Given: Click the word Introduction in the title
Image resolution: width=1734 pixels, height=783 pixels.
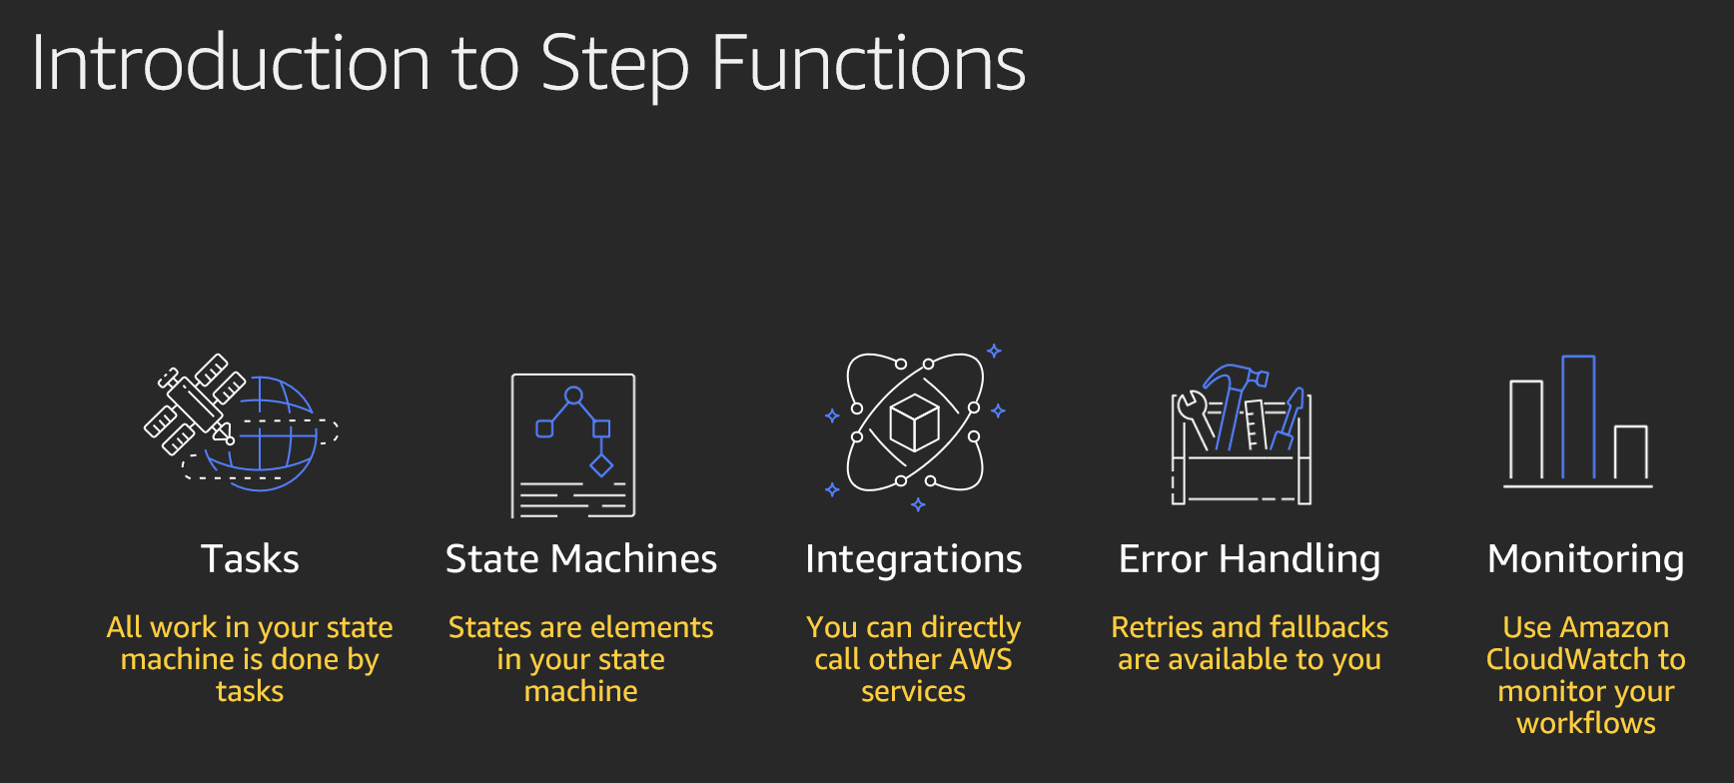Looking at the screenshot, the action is tap(231, 63).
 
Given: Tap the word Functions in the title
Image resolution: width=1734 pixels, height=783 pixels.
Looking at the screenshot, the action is tap(868, 63).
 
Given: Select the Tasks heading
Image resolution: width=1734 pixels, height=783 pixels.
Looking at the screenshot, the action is tap(250, 558).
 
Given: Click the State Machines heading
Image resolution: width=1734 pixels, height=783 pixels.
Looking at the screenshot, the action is tap(581, 558).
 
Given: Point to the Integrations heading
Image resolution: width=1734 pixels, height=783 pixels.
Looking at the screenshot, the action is tap(914, 559).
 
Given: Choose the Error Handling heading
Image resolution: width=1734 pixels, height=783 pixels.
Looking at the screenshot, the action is tap(1250, 559).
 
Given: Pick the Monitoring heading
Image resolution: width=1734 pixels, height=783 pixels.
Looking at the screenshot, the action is tap(1586, 559).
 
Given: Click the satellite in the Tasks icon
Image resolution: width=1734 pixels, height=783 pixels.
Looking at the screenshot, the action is tap(195, 403).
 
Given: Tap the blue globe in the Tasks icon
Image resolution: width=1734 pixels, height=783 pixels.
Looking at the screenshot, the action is tap(262, 433).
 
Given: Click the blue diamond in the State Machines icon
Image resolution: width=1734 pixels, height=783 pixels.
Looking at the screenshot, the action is tap(601, 465).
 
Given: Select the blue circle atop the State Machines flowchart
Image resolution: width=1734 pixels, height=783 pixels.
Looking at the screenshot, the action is tap(573, 395).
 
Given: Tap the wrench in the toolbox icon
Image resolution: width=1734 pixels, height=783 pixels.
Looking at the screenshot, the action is tap(1195, 419).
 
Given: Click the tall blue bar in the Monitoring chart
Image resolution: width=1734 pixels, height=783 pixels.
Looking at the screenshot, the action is tap(1578, 416).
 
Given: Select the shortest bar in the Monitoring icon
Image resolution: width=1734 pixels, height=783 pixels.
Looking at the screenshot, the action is tap(1630, 452).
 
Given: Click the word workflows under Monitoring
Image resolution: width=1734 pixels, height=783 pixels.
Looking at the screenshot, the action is tap(1586, 723).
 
